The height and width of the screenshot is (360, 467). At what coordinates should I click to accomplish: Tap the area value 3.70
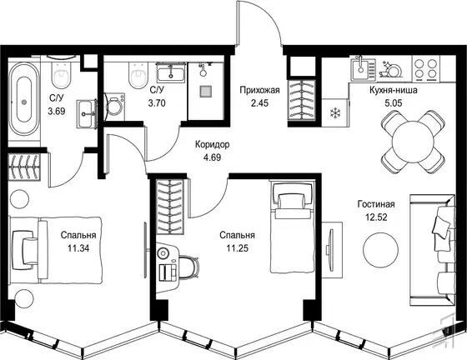[x=157, y=103]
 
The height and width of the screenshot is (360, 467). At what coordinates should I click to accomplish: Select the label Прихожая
[x=259, y=90]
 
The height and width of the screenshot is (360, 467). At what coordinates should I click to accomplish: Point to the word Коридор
[x=213, y=145]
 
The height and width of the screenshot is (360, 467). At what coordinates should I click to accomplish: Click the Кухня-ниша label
[x=393, y=90]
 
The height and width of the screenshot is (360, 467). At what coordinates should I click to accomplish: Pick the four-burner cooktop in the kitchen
[x=426, y=69]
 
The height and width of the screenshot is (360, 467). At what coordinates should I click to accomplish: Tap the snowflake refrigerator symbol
[x=334, y=113]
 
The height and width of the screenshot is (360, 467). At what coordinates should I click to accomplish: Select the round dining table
[x=414, y=142]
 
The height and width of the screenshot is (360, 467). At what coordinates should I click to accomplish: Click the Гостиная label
[x=376, y=204]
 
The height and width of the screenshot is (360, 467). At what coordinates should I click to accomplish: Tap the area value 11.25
[x=238, y=248]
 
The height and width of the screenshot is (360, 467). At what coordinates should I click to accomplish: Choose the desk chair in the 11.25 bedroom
[x=188, y=267]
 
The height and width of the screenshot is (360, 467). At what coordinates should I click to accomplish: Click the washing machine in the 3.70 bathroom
[x=114, y=107]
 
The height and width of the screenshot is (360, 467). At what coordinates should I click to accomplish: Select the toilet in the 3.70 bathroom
[x=138, y=75]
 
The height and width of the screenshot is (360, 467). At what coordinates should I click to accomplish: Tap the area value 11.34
[x=78, y=248]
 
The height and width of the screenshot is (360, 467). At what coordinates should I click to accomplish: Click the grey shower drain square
[x=206, y=92]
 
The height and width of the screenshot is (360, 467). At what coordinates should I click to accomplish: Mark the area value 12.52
[x=376, y=217]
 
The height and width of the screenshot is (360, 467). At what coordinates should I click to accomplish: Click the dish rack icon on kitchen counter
[x=390, y=70]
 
